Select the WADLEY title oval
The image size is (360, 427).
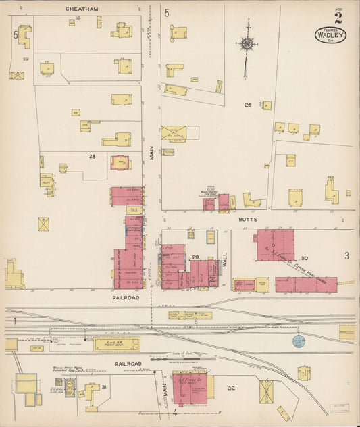[x=330, y=34]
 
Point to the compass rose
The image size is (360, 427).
[x=247, y=45]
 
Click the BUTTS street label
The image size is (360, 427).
[x=247, y=220]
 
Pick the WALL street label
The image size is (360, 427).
[x=225, y=258]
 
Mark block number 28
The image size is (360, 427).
[x=93, y=156]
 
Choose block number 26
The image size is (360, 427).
[x=248, y=105]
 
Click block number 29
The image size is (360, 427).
[x=195, y=258]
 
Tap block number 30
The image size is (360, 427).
[x=304, y=258]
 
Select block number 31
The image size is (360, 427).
[x=104, y=387]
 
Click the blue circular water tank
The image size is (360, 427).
[x=299, y=342]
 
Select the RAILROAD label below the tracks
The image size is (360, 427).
[x=128, y=363]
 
